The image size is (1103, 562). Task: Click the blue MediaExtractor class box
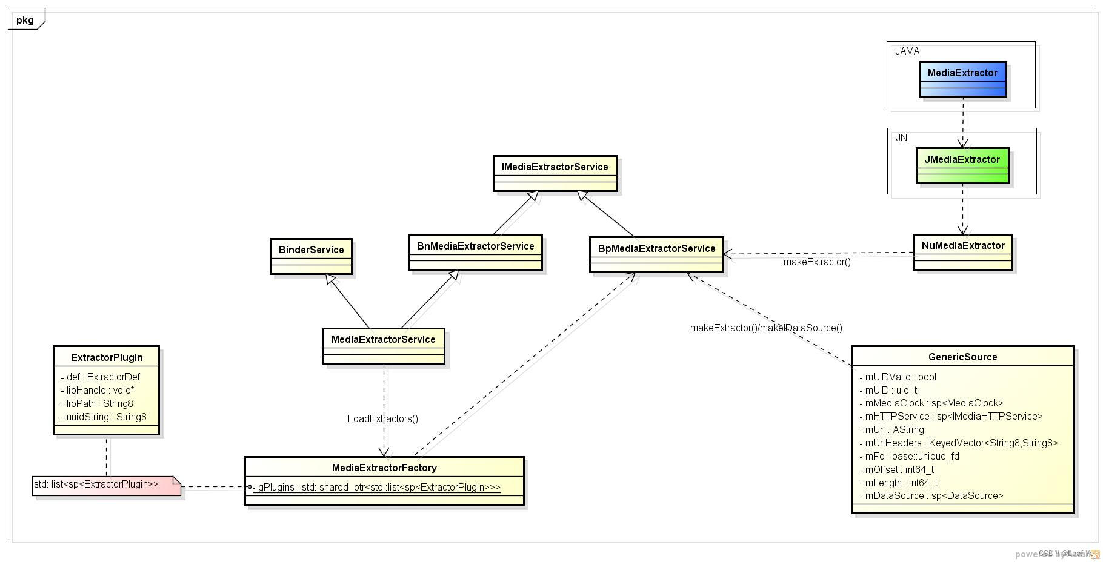tap(962, 79)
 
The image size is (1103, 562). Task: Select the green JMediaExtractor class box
tap(962, 165)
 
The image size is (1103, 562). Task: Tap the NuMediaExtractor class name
tap(962, 245)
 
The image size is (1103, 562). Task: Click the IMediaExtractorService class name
tap(555, 167)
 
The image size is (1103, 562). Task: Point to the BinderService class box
tap(311, 256)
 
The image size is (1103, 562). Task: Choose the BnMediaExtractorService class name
tap(475, 246)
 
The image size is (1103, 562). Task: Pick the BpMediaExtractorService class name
tap(656, 248)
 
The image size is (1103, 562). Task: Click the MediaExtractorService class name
tap(383, 339)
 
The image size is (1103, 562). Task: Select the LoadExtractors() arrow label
tap(382, 418)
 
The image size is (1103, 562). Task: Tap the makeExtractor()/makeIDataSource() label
tap(765, 328)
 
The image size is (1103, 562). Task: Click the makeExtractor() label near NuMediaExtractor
tap(816, 262)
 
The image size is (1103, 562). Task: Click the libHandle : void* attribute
tap(100, 390)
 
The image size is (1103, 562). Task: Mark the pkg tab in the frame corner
tap(25, 20)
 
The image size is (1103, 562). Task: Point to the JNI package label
tap(902, 137)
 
